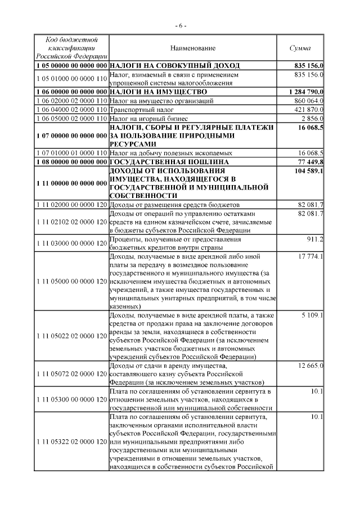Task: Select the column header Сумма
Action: (300, 48)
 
